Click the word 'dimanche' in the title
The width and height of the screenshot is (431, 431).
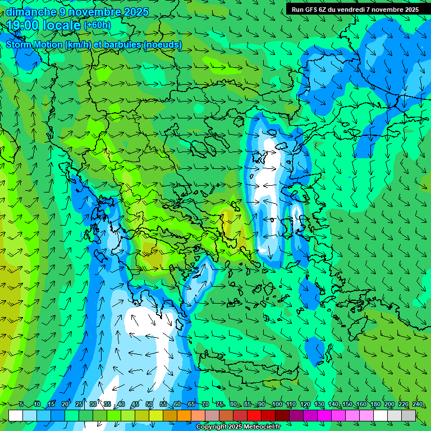click(x=31, y=11)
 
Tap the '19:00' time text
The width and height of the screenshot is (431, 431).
click(x=23, y=25)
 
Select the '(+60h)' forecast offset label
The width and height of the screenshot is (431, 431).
click(x=97, y=25)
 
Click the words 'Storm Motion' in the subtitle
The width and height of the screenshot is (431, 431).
click(x=34, y=45)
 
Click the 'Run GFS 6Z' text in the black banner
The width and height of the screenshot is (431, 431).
click(x=308, y=9)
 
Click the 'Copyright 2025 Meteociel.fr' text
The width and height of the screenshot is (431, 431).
click(x=238, y=427)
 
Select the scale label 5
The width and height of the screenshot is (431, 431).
click(x=21, y=405)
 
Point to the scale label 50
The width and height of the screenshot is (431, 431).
click(x=149, y=405)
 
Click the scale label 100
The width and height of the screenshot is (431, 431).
click(x=277, y=405)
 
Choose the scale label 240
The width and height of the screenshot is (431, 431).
click(x=417, y=405)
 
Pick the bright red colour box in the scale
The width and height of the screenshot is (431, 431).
click(x=254, y=415)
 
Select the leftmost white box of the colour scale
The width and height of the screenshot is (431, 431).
click(x=16, y=415)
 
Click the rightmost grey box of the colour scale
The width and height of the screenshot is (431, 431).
click(x=409, y=415)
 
